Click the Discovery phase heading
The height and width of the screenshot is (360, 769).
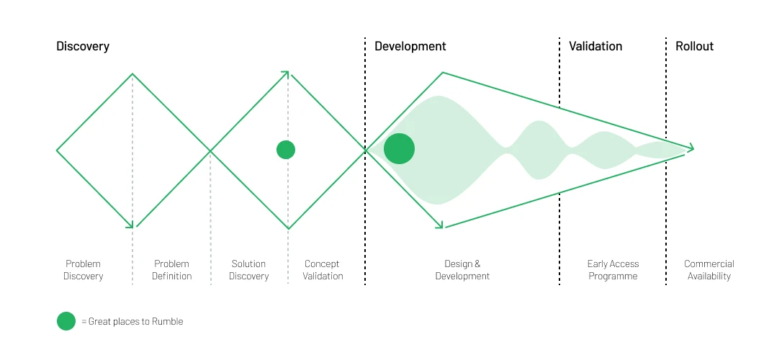(x=83, y=46)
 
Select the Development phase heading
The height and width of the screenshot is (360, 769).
(x=410, y=46)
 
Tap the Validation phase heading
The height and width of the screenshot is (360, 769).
(x=595, y=46)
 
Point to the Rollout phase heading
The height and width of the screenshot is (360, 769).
(x=694, y=46)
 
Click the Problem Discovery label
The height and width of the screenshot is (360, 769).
(x=83, y=270)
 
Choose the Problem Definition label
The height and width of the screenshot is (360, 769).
(x=171, y=270)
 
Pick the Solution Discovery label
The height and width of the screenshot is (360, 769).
(x=248, y=270)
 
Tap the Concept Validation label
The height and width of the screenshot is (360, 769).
(x=323, y=270)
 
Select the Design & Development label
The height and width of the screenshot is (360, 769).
(x=462, y=270)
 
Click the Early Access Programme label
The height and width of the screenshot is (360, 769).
(x=613, y=270)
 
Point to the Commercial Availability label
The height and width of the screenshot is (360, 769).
(x=709, y=270)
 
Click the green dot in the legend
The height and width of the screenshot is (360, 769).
(x=66, y=321)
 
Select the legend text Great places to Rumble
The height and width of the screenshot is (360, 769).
(x=135, y=322)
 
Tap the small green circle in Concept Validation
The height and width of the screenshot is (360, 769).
(x=286, y=150)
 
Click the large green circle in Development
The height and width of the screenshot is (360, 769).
(x=399, y=149)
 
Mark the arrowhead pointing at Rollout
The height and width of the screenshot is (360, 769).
(x=691, y=148)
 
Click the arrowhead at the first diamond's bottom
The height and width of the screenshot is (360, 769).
(x=130, y=225)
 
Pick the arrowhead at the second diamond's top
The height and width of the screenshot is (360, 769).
(x=285, y=73)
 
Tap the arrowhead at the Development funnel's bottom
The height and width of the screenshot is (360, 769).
(x=439, y=226)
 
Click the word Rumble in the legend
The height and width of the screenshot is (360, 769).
(x=168, y=322)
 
